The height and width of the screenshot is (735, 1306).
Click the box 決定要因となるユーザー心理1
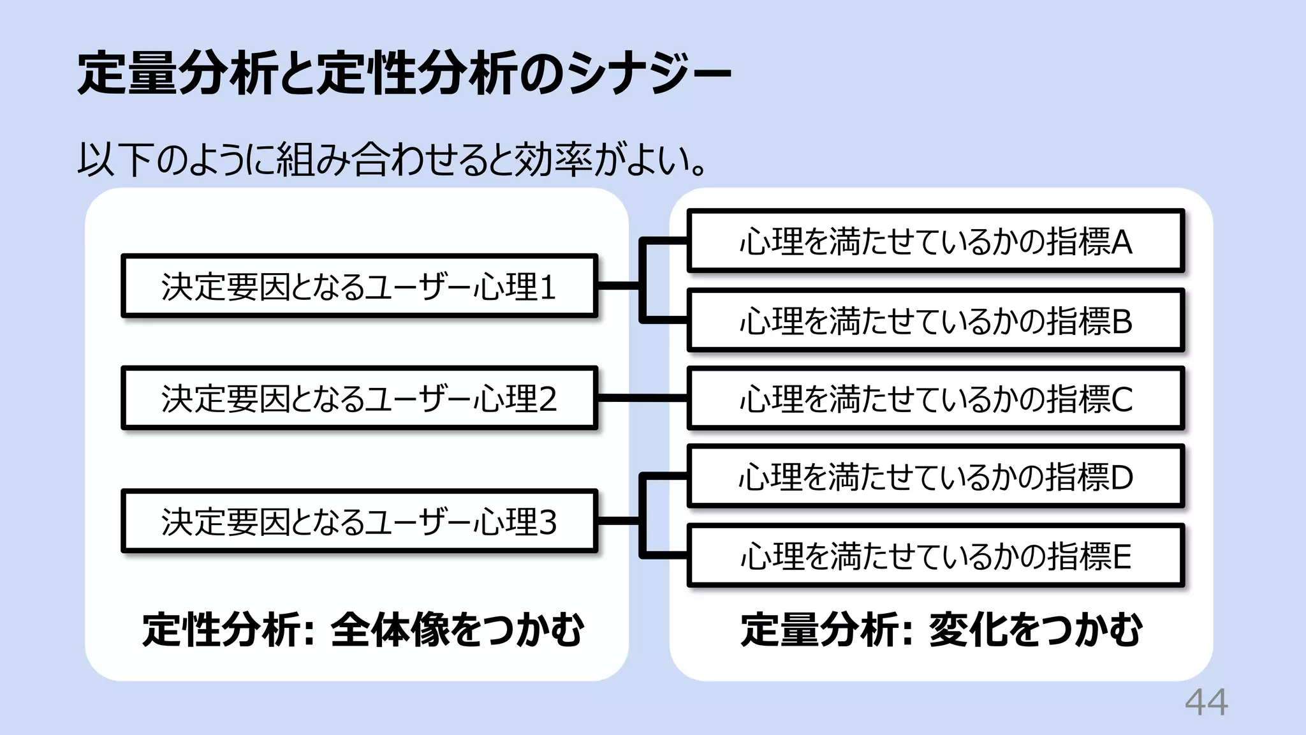tap(359, 286)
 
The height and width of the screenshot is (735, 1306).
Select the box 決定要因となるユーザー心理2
tap(359, 398)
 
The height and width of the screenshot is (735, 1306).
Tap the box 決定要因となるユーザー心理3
tap(359, 521)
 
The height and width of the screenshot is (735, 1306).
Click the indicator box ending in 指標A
tap(935, 241)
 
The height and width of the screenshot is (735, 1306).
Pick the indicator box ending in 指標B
tap(935, 320)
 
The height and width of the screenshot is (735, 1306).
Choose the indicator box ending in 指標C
tap(935, 398)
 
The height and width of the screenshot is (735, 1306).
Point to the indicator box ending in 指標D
tap(935, 477)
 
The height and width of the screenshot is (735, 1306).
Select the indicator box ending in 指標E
tap(935, 555)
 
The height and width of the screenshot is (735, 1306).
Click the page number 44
tap(1206, 703)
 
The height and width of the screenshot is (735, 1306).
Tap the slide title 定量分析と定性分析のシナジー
tap(404, 73)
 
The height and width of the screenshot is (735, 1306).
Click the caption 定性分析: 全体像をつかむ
tap(363, 630)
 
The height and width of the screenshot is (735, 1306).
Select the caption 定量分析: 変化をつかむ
tap(941, 630)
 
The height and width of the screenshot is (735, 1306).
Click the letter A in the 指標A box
tap(1121, 242)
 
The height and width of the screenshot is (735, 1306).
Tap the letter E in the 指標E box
tap(1122, 556)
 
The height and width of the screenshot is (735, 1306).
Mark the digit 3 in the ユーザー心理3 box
tap(548, 522)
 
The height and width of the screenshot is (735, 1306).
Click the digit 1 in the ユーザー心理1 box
tap(547, 286)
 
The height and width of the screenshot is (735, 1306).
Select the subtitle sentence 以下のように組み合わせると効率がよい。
tap(392, 160)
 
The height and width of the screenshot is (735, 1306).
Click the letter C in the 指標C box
tap(1122, 399)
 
